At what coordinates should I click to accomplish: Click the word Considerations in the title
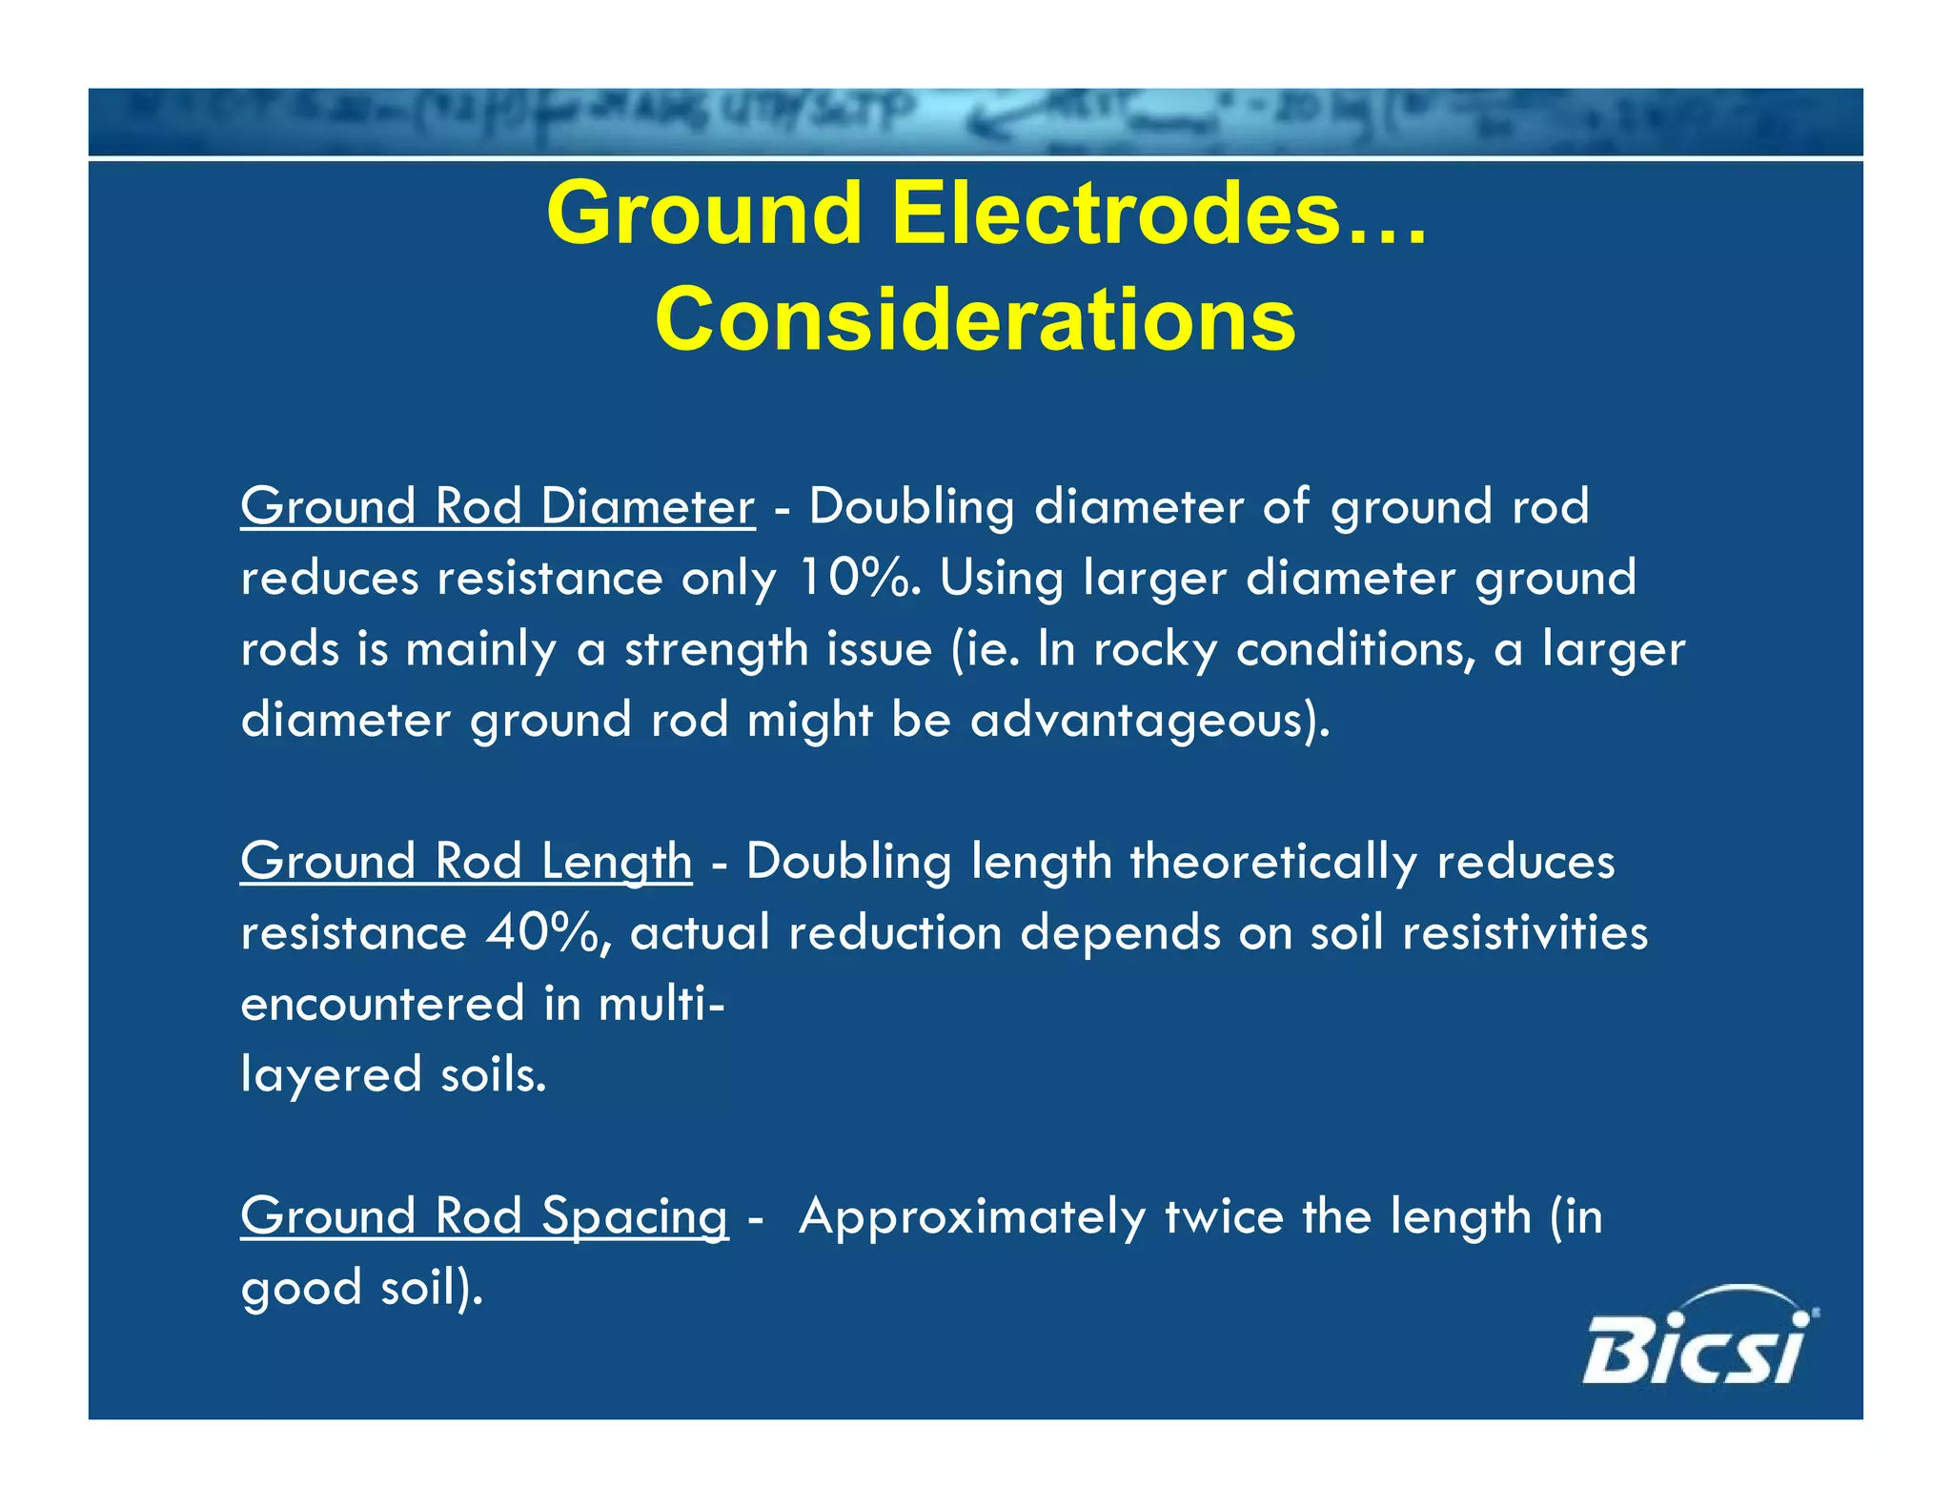pyautogui.click(x=975, y=320)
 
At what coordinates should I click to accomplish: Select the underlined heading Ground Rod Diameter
pyautogui.click(x=498, y=506)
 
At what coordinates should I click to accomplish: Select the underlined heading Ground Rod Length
pyautogui.click(x=466, y=862)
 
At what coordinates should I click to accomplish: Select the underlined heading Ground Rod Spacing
pyautogui.click(x=484, y=1217)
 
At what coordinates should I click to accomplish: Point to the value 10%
pyautogui.click(x=851, y=578)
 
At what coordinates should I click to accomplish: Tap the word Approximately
pyautogui.click(x=972, y=1217)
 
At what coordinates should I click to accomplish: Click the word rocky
pyautogui.click(x=1155, y=650)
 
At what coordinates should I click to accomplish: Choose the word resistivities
pyautogui.click(x=1525, y=932)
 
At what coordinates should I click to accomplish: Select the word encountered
pyautogui.click(x=383, y=1004)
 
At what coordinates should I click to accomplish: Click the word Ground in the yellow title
pyautogui.click(x=705, y=214)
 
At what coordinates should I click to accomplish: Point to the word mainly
pyautogui.click(x=480, y=650)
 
